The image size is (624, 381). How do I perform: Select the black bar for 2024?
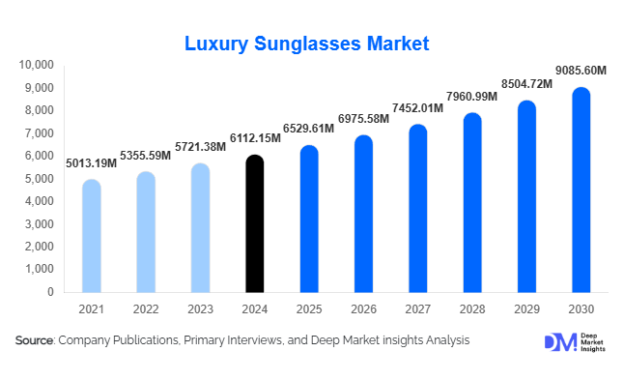pos(255,223)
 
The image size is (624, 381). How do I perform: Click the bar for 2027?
pos(417,208)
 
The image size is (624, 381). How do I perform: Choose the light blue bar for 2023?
pos(200,227)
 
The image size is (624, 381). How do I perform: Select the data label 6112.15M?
pos(252,138)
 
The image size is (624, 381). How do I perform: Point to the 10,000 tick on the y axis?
pos(36,65)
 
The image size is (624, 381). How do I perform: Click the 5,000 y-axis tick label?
pos(40,178)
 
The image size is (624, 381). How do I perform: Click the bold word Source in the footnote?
pos(34,340)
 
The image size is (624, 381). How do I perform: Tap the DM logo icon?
pos(558,342)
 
